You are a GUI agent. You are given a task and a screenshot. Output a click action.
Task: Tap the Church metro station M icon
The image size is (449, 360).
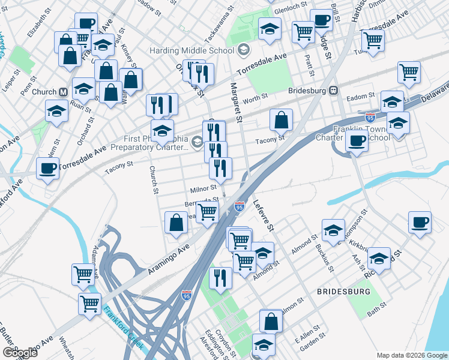[62, 92]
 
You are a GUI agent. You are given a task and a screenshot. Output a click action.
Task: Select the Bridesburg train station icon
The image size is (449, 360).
[334, 91]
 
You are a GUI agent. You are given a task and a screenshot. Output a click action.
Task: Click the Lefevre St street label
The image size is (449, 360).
[263, 216]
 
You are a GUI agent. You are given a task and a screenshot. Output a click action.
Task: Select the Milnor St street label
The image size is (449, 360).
[202, 189]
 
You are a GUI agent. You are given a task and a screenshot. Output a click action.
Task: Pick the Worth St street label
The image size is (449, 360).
[255, 98]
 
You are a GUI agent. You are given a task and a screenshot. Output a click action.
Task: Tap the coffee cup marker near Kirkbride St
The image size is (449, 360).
[420, 222]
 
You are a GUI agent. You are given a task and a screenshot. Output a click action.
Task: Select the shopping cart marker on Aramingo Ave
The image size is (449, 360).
[207, 211]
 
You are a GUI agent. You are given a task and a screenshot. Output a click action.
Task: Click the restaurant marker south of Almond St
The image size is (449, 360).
[220, 278]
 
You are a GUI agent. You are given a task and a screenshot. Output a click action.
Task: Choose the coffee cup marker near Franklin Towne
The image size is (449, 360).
[357, 141]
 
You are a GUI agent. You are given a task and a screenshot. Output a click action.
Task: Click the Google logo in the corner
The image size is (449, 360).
[20, 352]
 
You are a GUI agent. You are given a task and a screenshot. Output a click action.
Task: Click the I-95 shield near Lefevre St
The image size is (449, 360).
[240, 206]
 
